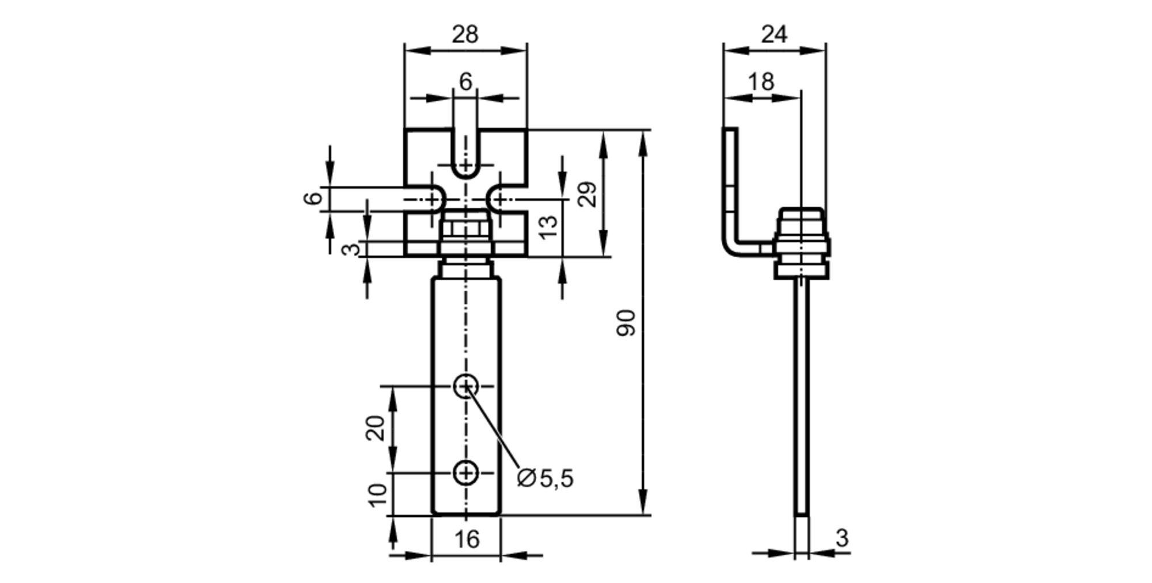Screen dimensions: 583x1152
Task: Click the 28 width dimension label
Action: click(464, 35)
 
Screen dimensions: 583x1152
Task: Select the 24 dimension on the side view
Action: click(774, 35)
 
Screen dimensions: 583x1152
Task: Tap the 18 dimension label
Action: click(761, 82)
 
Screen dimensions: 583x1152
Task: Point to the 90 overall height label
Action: click(626, 323)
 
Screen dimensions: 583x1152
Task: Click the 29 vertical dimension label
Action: click(588, 195)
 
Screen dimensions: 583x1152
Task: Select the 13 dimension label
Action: click(548, 227)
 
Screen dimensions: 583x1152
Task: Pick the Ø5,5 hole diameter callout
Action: click(545, 478)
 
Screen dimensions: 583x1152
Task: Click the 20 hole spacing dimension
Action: click(376, 428)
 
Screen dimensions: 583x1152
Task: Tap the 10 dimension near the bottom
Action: click(378, 495)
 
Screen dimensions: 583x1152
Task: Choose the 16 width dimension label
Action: click(466, 540)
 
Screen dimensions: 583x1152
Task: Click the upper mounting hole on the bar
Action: click(465, 386)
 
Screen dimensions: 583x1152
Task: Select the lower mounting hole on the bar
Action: click(465, 473)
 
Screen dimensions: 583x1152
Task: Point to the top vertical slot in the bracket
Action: click(465, 153)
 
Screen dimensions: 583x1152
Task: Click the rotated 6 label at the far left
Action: click(313, 199)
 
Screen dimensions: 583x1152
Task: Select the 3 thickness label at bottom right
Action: click(842, 539)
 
